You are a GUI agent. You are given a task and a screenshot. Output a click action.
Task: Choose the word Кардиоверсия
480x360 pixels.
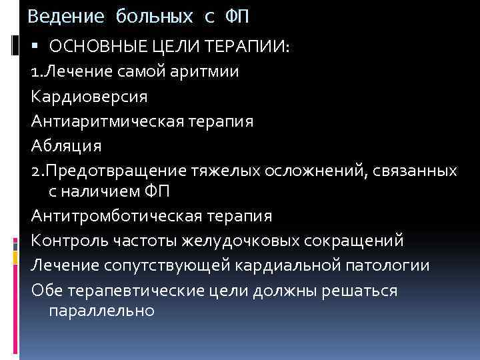(x=89, y=96)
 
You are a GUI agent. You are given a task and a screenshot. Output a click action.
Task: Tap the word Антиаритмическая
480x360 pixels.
(x=109, y=121)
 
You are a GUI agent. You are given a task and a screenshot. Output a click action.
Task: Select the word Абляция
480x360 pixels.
(x=66, y=145)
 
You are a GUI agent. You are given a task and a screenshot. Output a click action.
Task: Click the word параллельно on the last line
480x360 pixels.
(x=102, y=311)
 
